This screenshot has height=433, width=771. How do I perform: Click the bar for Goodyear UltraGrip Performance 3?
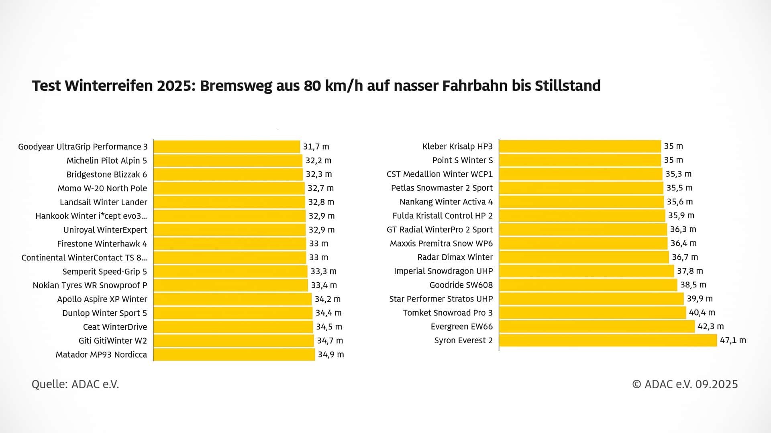tap(226, 147)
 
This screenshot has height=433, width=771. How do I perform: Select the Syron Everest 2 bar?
tap(608, 340)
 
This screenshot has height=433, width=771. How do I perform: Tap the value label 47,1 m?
tap(733, 340)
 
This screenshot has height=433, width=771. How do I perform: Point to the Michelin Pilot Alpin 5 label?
tap(107, 161)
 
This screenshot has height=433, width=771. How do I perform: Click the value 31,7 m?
tap(316, 147)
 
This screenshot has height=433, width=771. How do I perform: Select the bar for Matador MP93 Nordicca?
tap(234, 355)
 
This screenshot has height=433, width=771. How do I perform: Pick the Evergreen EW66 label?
tap(461, 327)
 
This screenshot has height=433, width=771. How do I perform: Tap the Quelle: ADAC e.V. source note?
tap(75, 384)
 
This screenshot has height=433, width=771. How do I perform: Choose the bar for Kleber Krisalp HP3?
tap(580, 146)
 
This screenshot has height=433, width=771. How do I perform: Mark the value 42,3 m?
tap(710, 326)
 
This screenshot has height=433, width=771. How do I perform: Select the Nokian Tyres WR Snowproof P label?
tap(90, 285)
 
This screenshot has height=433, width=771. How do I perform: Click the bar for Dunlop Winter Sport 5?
tap(233, 313)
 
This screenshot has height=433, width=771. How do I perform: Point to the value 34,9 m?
tap(331, 355)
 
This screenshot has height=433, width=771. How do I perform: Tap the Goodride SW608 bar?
tap(588, 285)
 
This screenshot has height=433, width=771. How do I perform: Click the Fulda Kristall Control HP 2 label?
tap(443, 216)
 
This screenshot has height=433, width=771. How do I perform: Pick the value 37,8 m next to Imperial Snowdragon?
tap(690, 271)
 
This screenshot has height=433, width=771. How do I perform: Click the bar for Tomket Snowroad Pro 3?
tap(592, 313)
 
